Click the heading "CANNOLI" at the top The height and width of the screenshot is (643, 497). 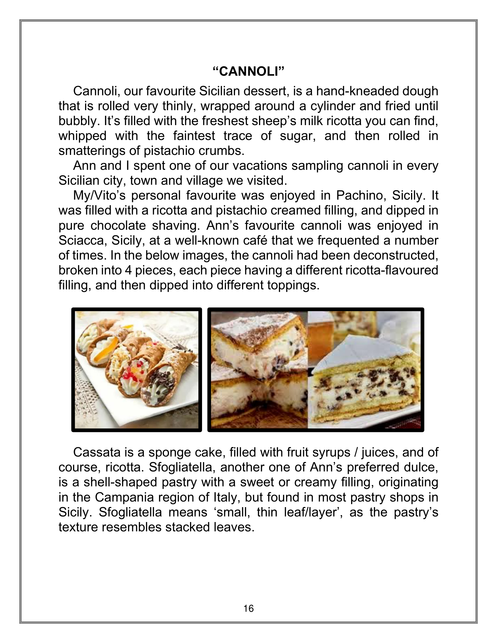click(x=248, y=72)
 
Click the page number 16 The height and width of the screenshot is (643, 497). click(x=248, y=608)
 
